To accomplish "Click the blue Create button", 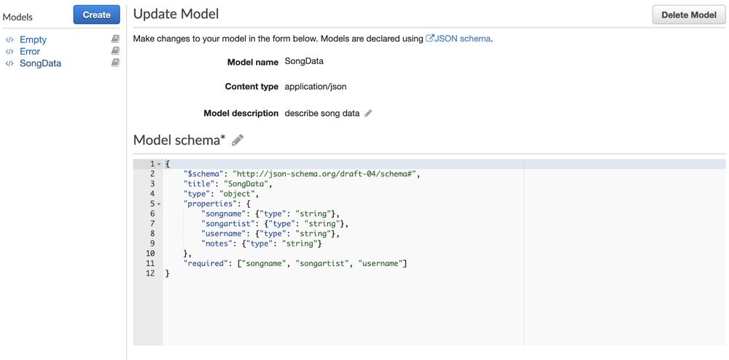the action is tap(96, 15).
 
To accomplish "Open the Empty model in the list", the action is tap(33, 39).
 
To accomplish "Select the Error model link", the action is tap(30, 51).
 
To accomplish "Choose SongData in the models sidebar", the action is tap(40, 63).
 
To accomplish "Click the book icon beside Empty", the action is tap(115, 39).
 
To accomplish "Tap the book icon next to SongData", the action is tap(115, 62).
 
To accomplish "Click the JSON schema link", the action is tap(459, 39).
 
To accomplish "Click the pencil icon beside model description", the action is tap(368, 113).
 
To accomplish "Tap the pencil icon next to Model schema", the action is tap(238, 140).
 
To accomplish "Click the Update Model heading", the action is tap(176, 14).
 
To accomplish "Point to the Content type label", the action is tap(252, 87).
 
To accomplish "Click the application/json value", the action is tap(316, 87).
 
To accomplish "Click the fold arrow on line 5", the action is tap(158, 204).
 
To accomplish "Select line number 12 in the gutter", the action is tap(150, 273).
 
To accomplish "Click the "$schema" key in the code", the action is tap(202, 173).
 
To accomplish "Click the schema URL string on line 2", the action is tap(323, 173).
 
